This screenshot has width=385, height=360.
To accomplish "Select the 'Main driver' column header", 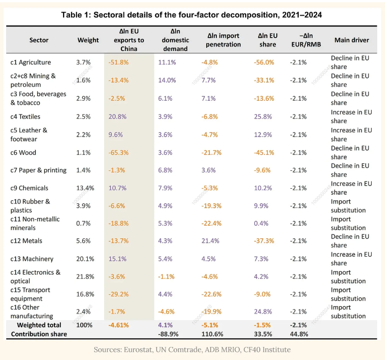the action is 351,40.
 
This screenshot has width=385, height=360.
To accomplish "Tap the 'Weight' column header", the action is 88,40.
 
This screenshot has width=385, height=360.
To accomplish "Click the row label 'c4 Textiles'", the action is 25,116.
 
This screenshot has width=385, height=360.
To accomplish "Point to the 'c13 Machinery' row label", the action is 32,259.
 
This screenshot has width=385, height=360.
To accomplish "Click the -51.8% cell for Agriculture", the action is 118,62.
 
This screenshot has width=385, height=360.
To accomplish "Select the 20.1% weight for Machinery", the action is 85,259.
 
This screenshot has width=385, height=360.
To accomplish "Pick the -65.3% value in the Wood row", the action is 118,152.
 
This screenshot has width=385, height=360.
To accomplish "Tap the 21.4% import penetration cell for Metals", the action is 211,241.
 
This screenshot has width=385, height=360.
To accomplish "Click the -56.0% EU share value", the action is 264,62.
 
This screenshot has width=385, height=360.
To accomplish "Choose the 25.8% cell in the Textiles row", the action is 263,116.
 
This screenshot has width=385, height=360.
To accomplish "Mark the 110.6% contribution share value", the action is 212,334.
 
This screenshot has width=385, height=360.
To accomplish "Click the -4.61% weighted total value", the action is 118,325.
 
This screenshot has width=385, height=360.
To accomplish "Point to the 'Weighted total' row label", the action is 39,325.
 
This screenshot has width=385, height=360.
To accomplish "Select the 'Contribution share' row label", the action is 39,334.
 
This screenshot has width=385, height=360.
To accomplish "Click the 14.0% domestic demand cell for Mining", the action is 167,80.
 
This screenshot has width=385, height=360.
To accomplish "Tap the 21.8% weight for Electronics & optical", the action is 85,276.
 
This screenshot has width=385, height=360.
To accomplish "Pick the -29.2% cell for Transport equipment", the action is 118,294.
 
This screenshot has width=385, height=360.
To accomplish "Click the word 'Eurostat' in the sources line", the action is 138,349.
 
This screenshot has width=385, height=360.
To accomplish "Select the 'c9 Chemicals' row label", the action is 29,188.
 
